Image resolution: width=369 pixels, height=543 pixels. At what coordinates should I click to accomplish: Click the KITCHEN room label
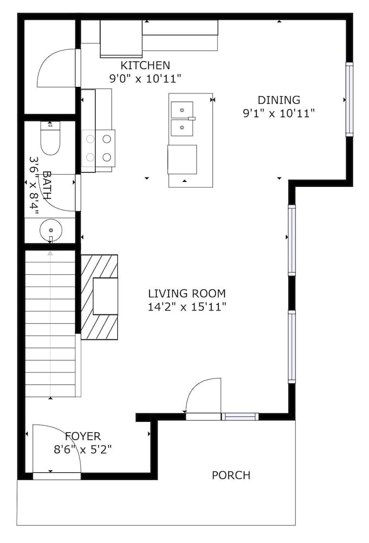(145, 66)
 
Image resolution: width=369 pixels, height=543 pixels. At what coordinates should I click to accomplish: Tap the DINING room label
(279, 100)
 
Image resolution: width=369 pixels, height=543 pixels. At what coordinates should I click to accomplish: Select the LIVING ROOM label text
(186, 294)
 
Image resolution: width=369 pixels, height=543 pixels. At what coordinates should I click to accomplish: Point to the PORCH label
(231, 476)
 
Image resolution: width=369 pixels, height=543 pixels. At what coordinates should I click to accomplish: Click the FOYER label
(83, 436)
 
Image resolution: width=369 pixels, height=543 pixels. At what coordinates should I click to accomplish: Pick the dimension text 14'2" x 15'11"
(186, 307)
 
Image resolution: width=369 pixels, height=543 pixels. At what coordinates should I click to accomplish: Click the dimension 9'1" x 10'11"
(279, 113)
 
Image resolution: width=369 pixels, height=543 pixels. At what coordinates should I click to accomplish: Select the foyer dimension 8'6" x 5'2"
(83, 449)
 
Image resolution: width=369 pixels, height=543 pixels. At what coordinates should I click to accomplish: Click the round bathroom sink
(50, 230)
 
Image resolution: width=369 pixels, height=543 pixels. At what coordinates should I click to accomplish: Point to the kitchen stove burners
(98, 147)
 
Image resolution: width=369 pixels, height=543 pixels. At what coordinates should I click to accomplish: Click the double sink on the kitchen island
(183, 118)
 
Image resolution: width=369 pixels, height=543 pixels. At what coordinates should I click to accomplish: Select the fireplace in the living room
(100, 296)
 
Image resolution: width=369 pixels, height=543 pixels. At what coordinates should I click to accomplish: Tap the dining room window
(349, 99)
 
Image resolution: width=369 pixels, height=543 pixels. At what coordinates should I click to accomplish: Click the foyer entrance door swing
(57, 450)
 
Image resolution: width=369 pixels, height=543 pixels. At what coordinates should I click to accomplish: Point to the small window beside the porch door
(240, 417)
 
